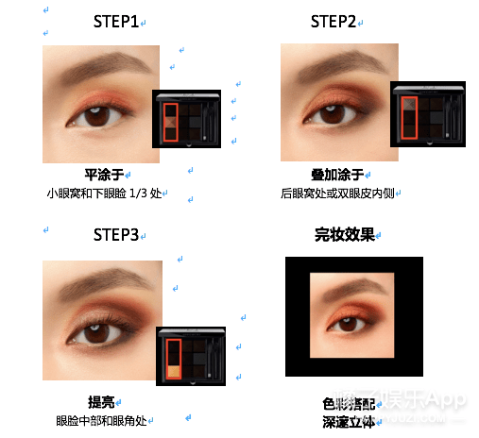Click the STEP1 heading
click(x=117, y=21)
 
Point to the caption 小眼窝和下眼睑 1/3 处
click(x=106, y=194)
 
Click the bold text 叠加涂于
click(x=337, y=175)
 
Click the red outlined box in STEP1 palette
click(x=170, y=121)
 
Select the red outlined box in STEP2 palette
click(x=408, y=118)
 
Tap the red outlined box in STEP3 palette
click(x=173, y=360)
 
